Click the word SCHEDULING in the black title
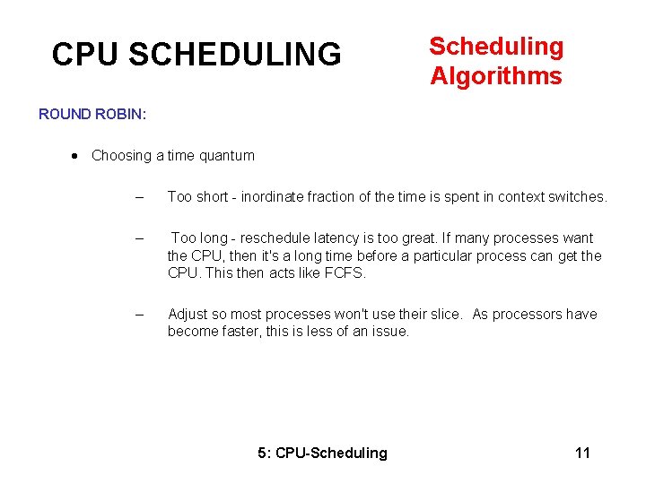(235, 55)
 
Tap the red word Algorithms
(496, 76)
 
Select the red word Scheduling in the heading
(496, 47)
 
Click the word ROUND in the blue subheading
(65, 115)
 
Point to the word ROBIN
(122, 115)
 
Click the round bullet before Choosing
(75, 155)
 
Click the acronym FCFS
(346, 273)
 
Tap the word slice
(445, 315)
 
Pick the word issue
(391, 332)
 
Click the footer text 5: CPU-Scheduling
(322, 453)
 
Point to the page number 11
(582, 453)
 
